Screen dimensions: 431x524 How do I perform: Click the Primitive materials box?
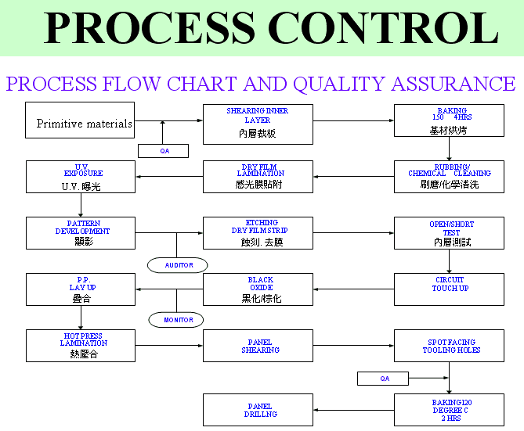(80, 121)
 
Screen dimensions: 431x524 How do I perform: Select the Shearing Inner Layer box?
(258, 124)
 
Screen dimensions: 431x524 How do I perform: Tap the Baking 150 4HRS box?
(449, 120)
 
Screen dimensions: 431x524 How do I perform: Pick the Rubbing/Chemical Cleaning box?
(449, 177)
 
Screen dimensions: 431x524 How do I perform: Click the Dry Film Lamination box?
(258, 177)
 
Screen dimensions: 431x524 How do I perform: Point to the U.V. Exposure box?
(81, 177)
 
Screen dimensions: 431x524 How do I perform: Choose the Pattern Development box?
(81, 233)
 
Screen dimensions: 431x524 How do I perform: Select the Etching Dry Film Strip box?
(258, 233)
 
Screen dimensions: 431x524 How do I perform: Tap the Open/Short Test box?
(449, 233)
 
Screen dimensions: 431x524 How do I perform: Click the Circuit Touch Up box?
(449, 289)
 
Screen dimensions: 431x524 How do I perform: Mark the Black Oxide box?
(258, 289)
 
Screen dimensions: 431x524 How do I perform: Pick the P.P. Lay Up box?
(81, 289)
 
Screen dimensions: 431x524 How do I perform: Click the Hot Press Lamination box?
(81, 345)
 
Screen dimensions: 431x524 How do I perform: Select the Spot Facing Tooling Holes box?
(449, 345)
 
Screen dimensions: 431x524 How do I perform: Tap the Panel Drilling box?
(258, 409)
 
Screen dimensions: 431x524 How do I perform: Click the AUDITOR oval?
(178, 265)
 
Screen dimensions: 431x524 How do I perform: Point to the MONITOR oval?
(176, 319)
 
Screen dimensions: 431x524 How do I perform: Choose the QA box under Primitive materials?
(164, 150)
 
